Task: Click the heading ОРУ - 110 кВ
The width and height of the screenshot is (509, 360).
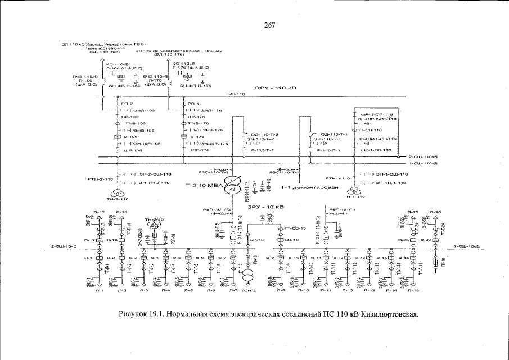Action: tap(274, 88)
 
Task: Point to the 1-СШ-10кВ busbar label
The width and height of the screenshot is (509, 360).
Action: tap(466, 246)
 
